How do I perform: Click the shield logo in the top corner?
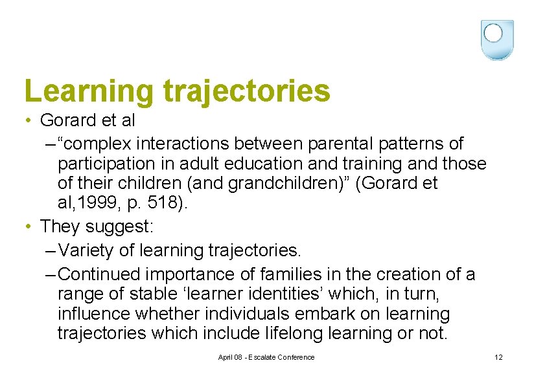point(497,39)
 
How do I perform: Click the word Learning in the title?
point(88,91)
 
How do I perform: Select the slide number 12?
point(498,357)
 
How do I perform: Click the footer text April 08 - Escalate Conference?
point(266,357)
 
